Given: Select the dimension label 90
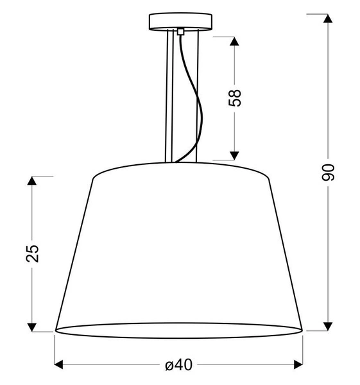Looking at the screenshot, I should coord(328,171).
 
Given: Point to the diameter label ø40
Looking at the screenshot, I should coord(178,365).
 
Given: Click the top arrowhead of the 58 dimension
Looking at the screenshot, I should coord(235,41).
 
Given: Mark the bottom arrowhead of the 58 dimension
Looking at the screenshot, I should coord(235,155).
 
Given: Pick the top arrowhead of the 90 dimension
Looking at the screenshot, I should coord(327,19).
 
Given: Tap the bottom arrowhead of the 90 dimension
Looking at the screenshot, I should coord(327,326).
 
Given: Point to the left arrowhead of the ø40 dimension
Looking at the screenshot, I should coord(59,365).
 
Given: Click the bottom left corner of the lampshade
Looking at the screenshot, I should coord(55,330).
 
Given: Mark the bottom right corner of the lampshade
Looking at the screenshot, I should coord(302,330).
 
